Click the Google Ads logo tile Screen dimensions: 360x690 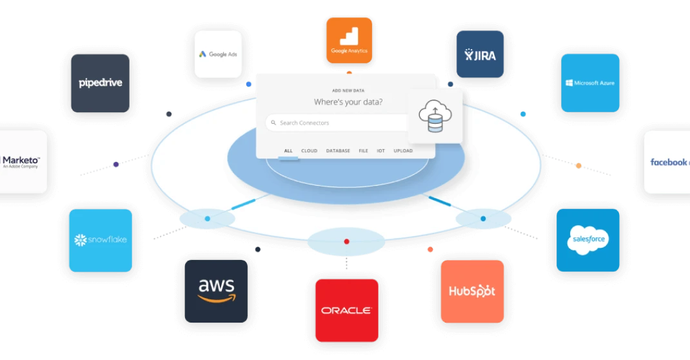(x=218, y=54)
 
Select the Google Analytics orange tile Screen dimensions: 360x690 (x=349, y=40)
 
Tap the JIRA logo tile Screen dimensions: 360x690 (x=480, y=54)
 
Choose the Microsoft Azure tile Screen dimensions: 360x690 (x=590, y=83)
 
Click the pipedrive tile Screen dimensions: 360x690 (x=100, y=83)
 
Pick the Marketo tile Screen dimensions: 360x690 (x=23, y=161)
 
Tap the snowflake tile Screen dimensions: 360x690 (x=100, y=240)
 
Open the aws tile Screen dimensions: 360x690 (x=216, y=291)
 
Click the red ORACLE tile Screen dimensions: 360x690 (x=346, y=310)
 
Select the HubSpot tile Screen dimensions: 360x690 (x=472, y=291)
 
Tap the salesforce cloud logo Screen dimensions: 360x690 (x=588, y=239)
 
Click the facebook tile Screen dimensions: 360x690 (x=667, y=162)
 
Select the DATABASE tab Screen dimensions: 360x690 (x=338, y=151)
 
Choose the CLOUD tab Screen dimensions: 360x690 (x=310, y=151)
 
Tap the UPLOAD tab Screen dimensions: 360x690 (x=403, y=151)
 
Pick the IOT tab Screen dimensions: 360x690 (x=381, y=151)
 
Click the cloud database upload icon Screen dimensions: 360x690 (x=435, y=116)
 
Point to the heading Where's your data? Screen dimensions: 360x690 (x=348, y=102)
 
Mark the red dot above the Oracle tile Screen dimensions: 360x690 (x=346, y=241)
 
